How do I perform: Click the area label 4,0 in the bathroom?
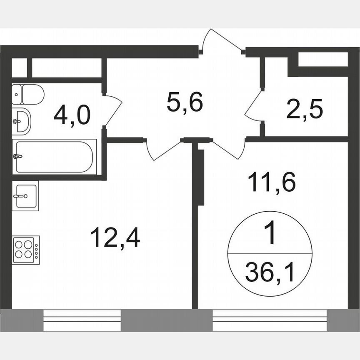(x=72, y=115)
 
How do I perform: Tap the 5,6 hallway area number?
(x=185, y=102)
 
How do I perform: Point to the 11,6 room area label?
(x=272, y=182)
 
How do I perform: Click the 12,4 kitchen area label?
(x=115, y=238)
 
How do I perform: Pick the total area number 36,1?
(x=270, y=274)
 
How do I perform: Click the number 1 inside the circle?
(x=270, y=235)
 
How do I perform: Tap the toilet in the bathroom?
(x=28, y=95)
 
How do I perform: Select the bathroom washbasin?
(x=21, y=121)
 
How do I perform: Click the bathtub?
(x=54, y=157)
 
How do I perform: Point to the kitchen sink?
(x=25, y=196)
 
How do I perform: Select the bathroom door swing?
(x=112, y=109)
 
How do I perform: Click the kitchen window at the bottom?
(x=82, y=320)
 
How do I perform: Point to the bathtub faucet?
(x=17, y=157)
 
